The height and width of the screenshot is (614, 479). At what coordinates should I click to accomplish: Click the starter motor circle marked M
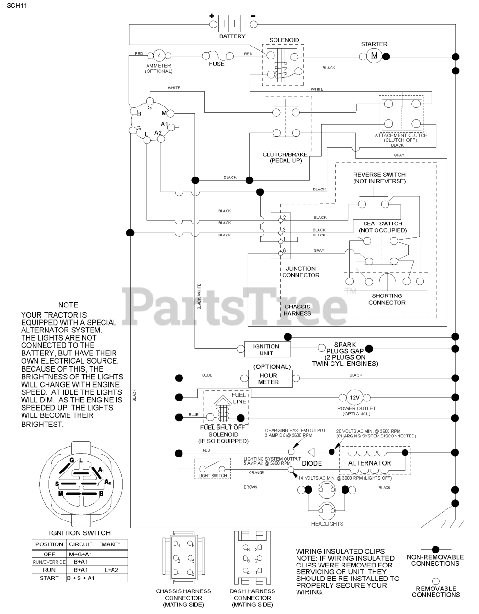(x=374, y=56)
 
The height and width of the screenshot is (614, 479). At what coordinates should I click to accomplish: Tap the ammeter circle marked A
(x=159, y=56)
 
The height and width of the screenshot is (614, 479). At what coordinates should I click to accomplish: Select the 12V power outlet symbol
(x=354, y=397)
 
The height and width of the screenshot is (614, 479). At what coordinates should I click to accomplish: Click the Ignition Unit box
(x=266, y=349)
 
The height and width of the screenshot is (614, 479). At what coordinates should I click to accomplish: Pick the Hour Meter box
(x=268, y=378)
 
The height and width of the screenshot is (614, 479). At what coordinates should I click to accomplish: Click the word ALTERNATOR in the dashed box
(x=369, y=463)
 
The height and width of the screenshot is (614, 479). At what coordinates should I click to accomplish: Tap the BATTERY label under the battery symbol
(x=232, y=36)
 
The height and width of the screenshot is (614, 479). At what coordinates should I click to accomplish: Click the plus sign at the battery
(x=212, y=16)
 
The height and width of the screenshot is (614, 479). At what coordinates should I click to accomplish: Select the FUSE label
(x=217, y=64)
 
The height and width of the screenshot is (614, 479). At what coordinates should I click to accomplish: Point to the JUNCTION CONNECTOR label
(x=300, y=272)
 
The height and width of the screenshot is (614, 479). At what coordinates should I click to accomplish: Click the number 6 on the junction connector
(x=285, y=250)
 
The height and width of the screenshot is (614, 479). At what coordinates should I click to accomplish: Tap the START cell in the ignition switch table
(x=49, y=578)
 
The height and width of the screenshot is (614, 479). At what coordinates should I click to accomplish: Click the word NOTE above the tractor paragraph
(x=68, y=305)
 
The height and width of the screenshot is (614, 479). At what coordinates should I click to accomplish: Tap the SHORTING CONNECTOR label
(x=387, y=299)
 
